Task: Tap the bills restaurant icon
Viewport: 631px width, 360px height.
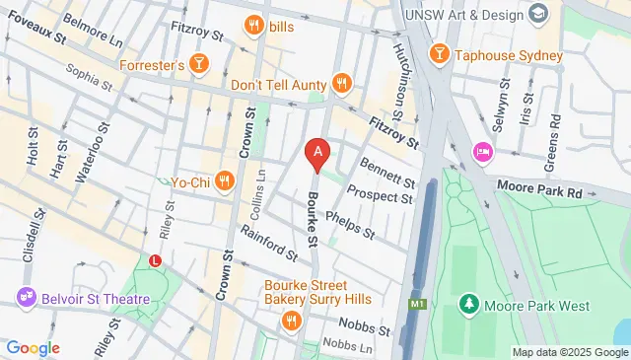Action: point(253,26)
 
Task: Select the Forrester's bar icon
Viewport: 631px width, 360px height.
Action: point(200,64)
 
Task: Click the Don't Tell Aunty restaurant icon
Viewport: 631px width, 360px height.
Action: point(342,84)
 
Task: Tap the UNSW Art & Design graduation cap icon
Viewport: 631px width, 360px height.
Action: point(537,14)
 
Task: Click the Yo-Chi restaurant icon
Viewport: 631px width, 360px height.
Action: point(225,180)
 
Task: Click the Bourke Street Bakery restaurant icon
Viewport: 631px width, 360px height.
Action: point(291,320)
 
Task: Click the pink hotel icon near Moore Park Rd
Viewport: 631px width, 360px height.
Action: point(483,151)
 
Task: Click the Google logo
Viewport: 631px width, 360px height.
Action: point(33,347)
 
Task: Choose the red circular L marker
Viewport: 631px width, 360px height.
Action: point(154,261)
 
